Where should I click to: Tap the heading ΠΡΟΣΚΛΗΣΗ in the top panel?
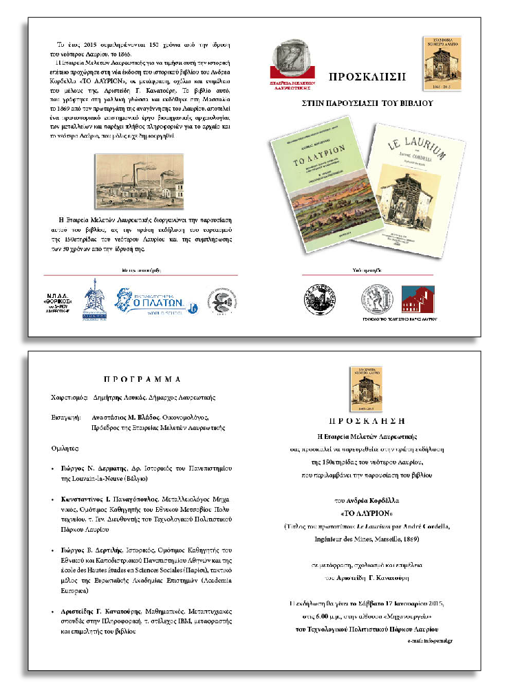368,75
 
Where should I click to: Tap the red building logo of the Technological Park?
418,301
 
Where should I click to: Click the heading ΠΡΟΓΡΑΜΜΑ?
142,379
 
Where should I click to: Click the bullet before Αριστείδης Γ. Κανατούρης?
54,612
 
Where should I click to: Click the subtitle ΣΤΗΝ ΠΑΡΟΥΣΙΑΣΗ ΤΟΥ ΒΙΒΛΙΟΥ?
367,104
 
